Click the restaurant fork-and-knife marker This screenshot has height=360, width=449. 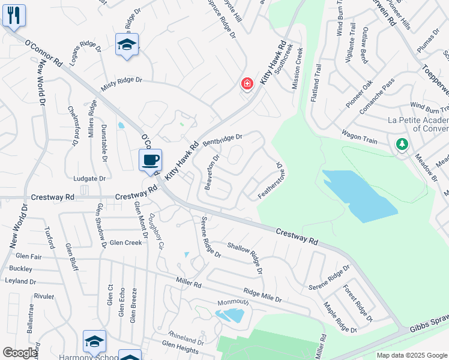[14, 14]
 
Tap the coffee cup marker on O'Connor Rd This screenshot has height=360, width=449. [150, 160]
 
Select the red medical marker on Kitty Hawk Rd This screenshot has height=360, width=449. [247, 84]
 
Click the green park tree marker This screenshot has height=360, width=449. [402, 144]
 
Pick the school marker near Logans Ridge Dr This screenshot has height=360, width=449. [127, 45]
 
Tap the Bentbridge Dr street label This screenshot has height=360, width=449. [222, 140]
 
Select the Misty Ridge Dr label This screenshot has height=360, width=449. [121, 83]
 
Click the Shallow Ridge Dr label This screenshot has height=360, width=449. [245, 257]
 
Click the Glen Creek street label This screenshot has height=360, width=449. [125, 242]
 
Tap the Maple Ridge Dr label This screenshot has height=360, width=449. [340, 317]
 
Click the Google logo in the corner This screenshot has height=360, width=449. [20, 353]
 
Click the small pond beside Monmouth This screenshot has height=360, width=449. [231, 314]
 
